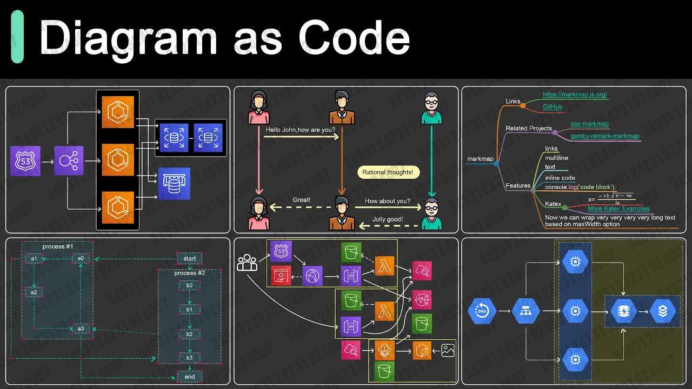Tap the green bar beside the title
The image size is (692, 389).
tap(17, 37)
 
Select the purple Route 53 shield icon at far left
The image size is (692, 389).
tap(25, 161)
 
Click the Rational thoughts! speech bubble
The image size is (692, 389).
tap(388, 172)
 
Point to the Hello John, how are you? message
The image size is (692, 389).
tap(301, 130)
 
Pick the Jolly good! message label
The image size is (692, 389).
tap(387, 219)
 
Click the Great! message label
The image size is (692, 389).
tap(302, 200)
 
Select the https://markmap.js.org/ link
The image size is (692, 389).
tap(575, 95)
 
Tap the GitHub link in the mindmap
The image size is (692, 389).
tap(553, 107)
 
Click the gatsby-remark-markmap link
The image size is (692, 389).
tap(604, 136)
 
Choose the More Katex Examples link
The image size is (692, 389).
tap(618, 209)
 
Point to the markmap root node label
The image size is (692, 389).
tap(480, 159)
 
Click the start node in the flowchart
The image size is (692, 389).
tap(190, 258)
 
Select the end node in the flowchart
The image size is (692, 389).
tap(190, 377)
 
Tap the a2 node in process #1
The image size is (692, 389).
tap(34, 292)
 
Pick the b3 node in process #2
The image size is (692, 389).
tap(190, 358)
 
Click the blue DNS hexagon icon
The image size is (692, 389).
tap(482, 311)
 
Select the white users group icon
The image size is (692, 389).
tap(247, 263)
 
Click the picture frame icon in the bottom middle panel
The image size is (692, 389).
tap(448, 350)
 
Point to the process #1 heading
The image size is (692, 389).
tap(58, 246)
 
